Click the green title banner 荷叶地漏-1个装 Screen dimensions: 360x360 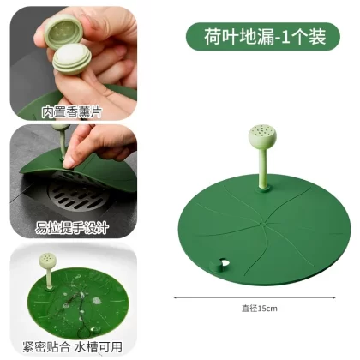263,37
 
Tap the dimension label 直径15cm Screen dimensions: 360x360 260,309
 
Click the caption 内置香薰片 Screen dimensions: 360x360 72,112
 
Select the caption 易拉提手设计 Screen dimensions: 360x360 72,228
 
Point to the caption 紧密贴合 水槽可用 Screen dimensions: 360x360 73,347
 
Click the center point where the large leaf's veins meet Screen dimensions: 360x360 262,223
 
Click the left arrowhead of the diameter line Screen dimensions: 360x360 176,298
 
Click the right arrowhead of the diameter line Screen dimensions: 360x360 334,297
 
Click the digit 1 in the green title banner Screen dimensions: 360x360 285,37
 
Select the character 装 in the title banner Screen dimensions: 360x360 317,37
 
